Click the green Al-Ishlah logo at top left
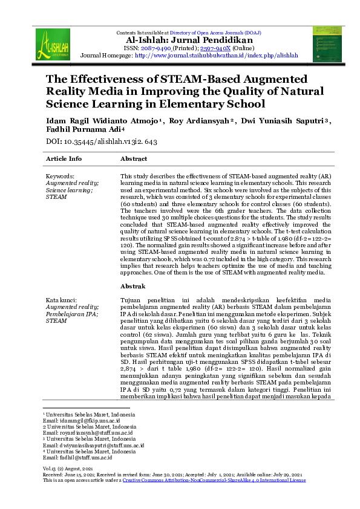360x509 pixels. tap(53, 44)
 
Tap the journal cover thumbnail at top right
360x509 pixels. tap(327, 44)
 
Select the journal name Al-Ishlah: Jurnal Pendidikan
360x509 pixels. tap(179, 39)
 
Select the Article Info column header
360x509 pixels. tap(64, 159)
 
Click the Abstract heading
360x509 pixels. tap(134, 159)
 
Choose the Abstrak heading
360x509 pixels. tap(133, 286)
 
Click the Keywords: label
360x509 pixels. tap(61, 176)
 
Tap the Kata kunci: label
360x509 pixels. tap(62, 300)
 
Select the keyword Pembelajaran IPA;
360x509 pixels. tap(71, 314)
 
